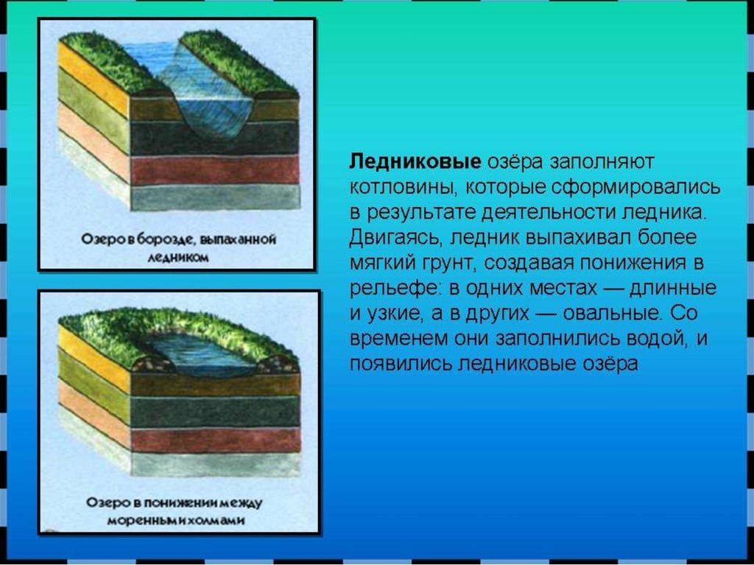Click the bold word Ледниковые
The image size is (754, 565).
point(415,162)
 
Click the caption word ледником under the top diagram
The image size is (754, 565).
point(178,258)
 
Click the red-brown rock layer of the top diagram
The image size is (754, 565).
point(215,170)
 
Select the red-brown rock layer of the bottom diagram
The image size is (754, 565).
point(215,440)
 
